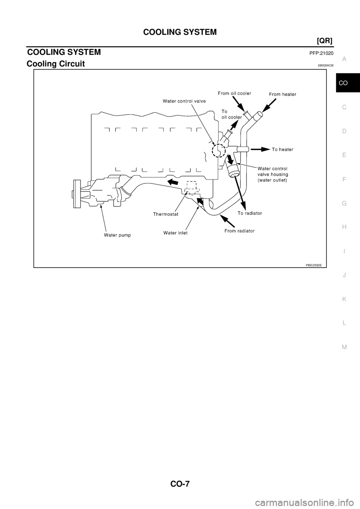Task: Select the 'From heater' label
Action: coord(282,94)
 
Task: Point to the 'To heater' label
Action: coord(282,149)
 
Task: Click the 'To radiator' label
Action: coord(250,213)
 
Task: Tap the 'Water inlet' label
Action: coord(175,233)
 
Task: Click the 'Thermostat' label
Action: coord(165,214)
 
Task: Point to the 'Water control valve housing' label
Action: coord(272,174)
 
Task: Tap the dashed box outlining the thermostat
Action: coord(192,187)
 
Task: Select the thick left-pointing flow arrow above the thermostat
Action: coord(173,182)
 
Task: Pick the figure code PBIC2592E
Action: coord(313,265)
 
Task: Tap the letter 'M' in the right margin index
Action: coord(344,347)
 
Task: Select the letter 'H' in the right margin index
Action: coord(344,227)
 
